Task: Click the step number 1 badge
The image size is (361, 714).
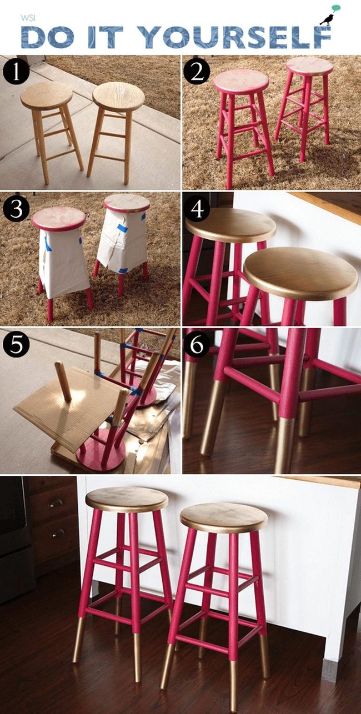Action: click(x=16, y=73)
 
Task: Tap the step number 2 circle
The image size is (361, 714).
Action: click(x=197, y=73)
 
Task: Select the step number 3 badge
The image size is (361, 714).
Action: click(x=16, y=209)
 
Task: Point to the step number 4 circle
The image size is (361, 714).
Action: click(x=197, y=209)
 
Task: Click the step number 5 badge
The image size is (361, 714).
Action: click(x=16, y=345)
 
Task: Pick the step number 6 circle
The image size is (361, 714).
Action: click(x=197, y=345)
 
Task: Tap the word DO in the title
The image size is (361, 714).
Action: click(x=46, y=37)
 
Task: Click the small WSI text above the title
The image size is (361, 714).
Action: click(x=27, y=18)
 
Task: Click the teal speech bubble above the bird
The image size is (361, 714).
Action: click(x=336, y=8)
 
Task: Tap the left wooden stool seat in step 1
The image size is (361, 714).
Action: click(x=47, y=95)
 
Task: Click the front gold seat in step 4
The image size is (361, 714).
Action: click(x=300, y=274)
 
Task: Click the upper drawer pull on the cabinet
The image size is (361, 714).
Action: click(x=56, y=503)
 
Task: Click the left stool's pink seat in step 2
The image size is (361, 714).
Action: click(x=241, y=82)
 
